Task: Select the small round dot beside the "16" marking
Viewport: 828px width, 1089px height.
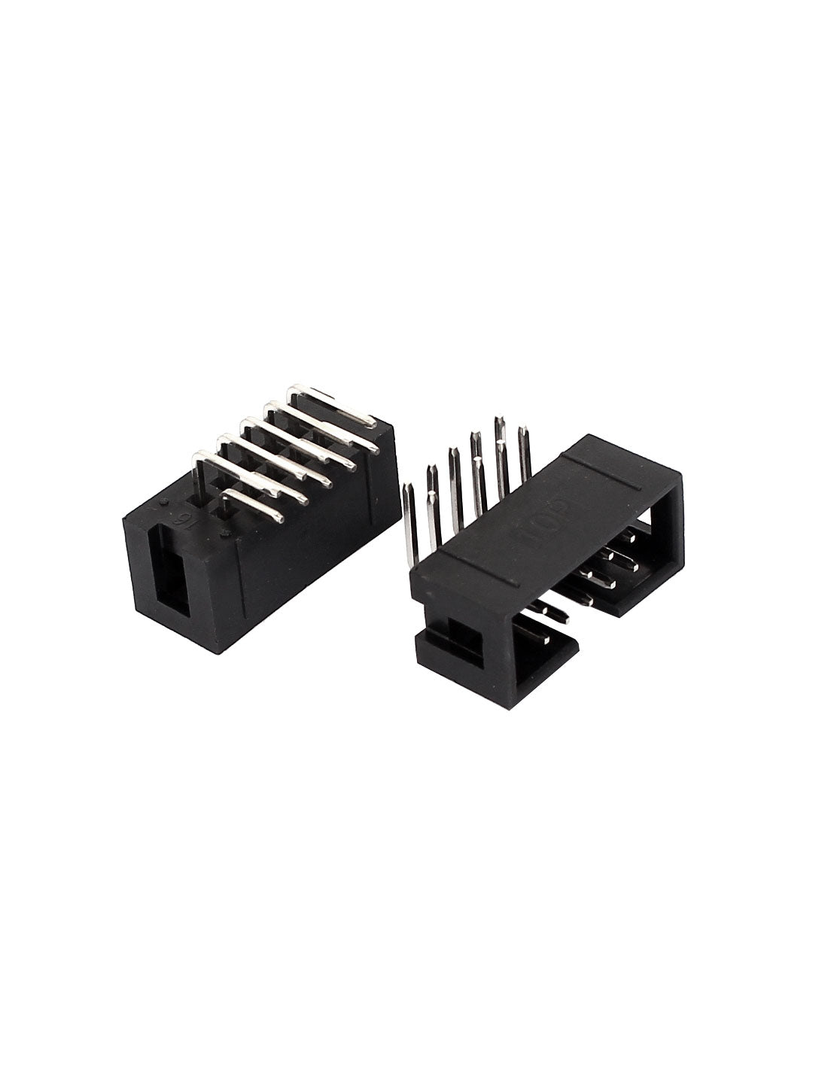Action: (x=163, y=500)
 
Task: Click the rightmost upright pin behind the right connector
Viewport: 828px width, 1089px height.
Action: (x=522, y=452)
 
